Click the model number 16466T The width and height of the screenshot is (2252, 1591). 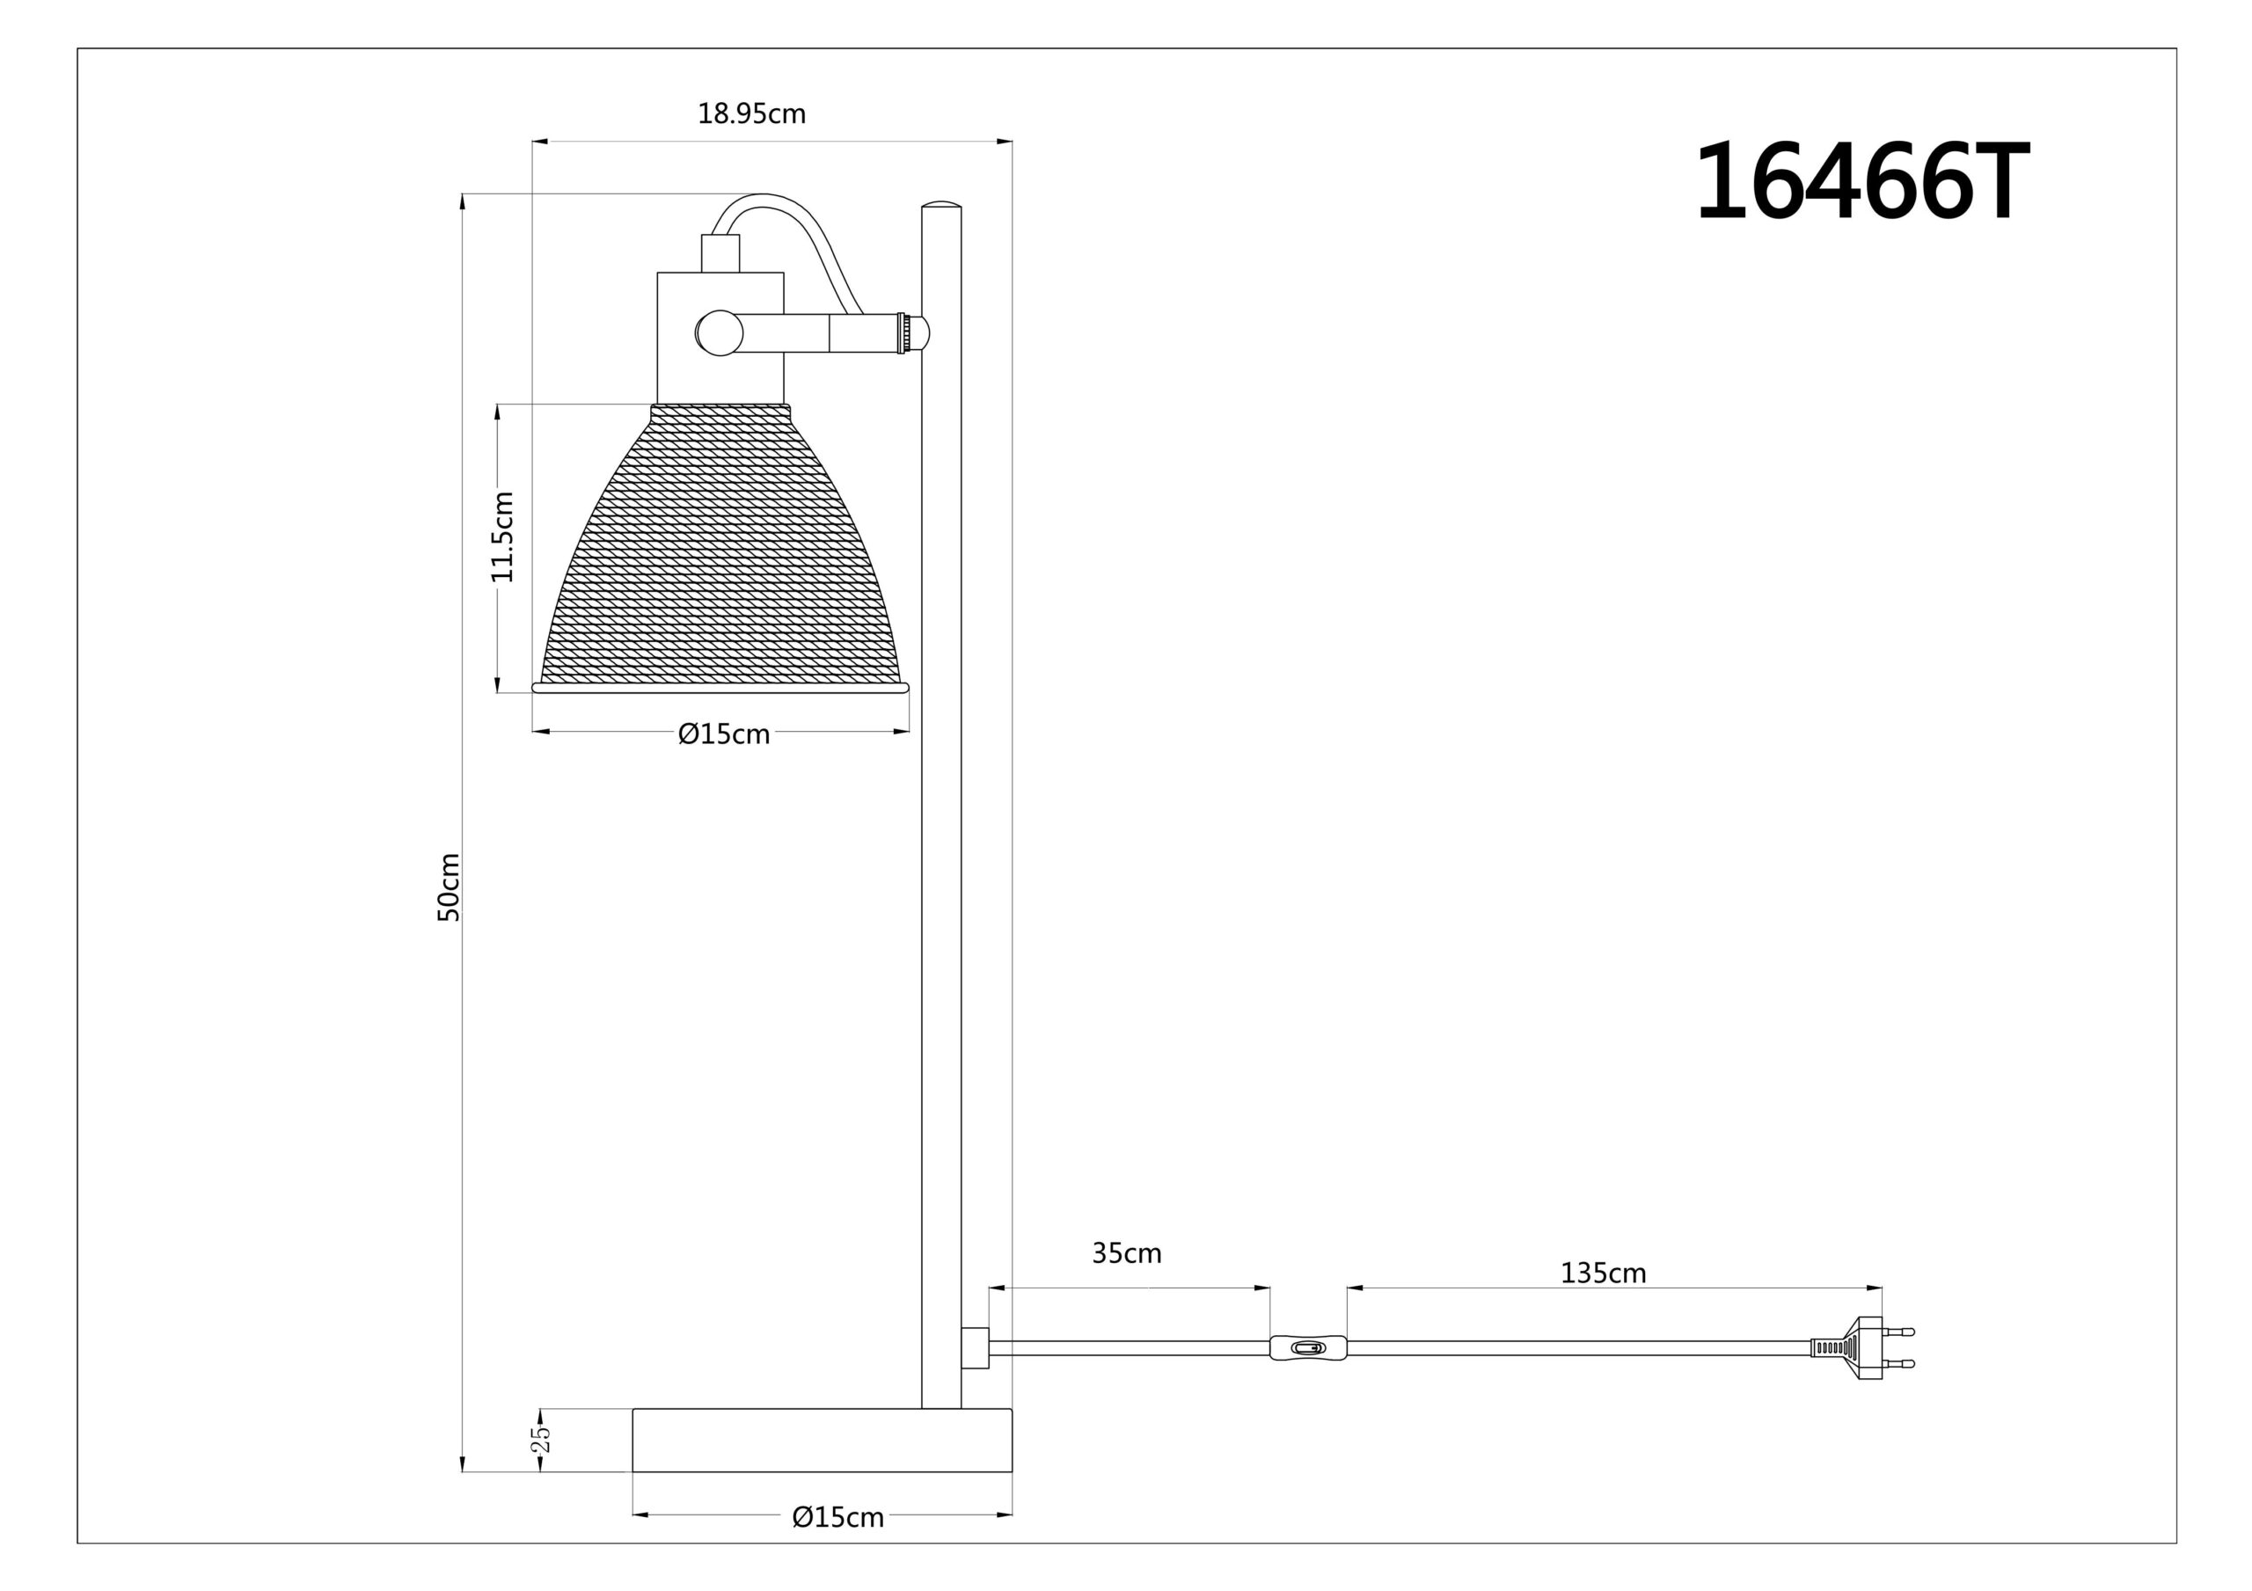(1861, 181)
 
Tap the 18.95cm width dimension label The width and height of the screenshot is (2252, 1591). (751, 113)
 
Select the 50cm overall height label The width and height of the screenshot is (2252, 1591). (449, 887)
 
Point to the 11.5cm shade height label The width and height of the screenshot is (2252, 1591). (502, 536)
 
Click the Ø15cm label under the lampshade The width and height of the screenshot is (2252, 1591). (724, 733)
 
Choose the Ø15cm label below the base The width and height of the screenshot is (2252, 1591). (837, 1517)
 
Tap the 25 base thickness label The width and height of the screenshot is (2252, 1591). (540, 1439)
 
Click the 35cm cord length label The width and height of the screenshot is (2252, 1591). (1127, 1252)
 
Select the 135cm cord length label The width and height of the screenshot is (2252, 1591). (1603, 1274)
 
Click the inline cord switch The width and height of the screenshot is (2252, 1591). (1308, 1347)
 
